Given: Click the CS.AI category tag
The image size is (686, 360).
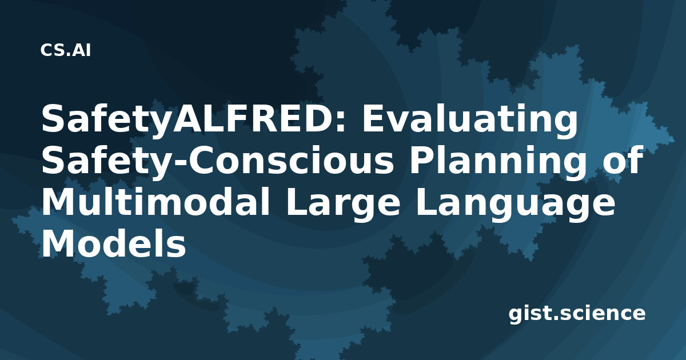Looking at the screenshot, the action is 66,50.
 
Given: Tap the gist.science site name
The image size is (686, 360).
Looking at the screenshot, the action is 577,314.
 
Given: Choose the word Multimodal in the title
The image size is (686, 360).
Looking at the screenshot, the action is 156,202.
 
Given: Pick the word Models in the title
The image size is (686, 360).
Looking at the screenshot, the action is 114,244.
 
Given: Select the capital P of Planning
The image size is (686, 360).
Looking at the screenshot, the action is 422,160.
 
